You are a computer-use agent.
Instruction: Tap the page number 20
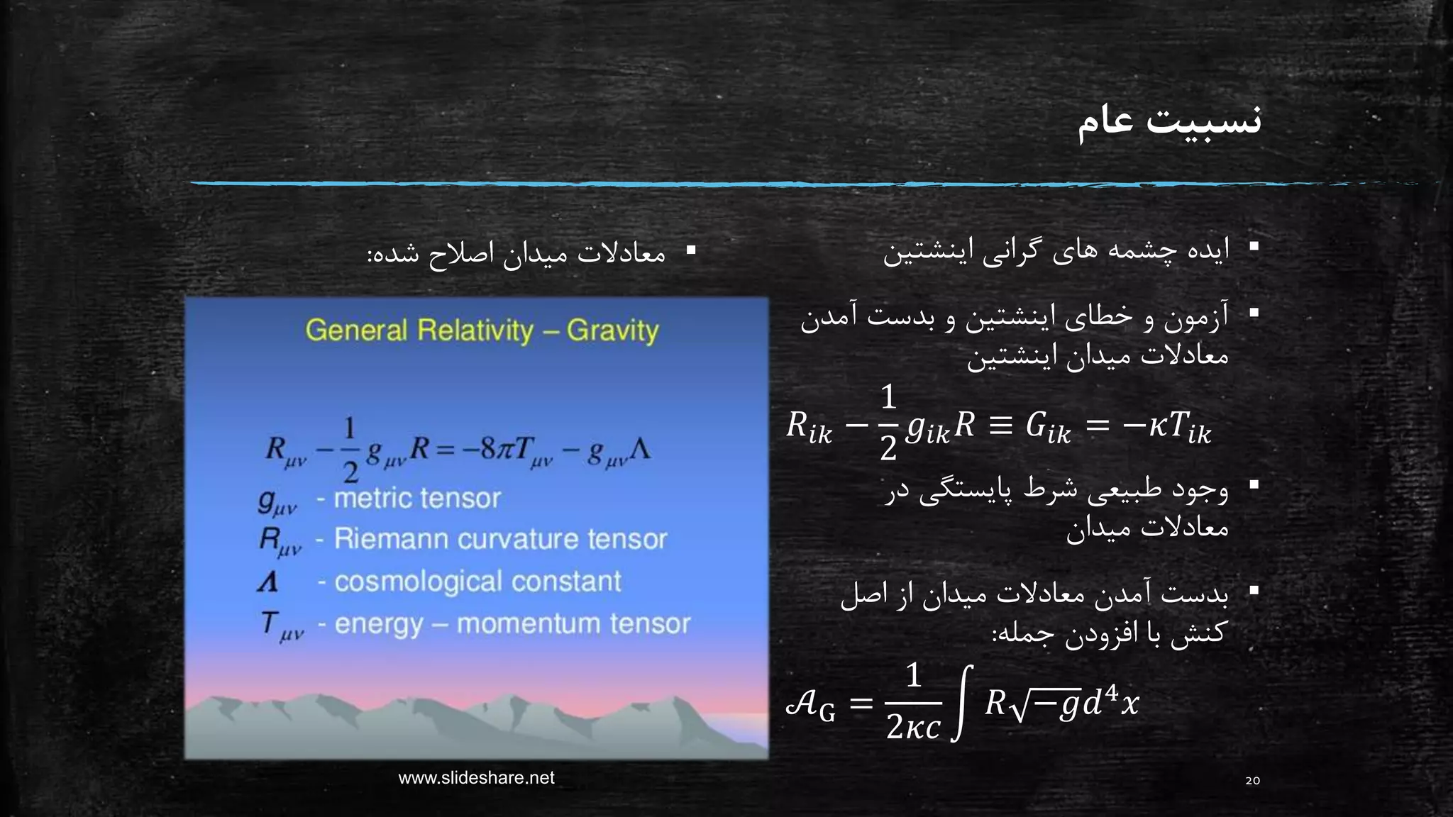[x=1252, y=781]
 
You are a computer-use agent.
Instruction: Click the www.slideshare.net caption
[x=476, y=778]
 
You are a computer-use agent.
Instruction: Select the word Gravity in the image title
[x=612, y=331]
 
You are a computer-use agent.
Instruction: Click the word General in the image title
[x=356, y=331]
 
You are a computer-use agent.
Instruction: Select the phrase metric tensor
[x=417, y=499]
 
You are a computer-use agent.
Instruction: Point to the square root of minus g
[x=1045, y=704]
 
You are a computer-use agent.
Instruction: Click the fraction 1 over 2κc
[x=913, y=702]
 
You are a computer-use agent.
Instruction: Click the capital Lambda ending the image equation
[x=639, y=450]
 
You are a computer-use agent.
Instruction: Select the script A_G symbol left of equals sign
[x=810, y=705]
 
